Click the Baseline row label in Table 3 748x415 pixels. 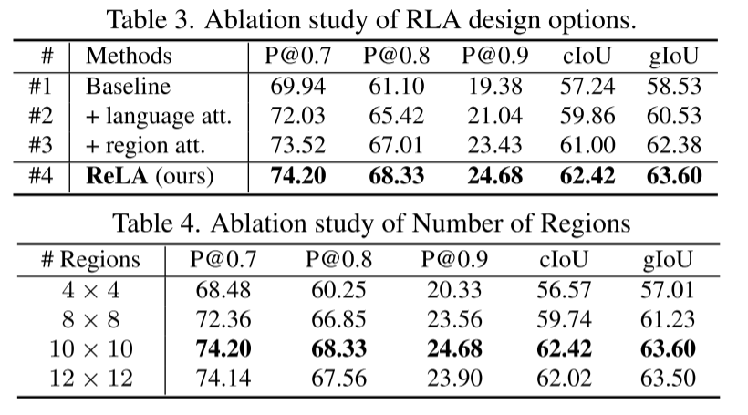coord(128,87)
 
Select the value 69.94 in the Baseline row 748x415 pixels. coord(298,87)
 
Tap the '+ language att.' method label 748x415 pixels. coord(159,116)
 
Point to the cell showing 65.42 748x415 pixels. coord(395,116)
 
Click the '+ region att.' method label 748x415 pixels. coord(144,145)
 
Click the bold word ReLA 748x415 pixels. coord(118,175)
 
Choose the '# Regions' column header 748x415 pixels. coord(91,260)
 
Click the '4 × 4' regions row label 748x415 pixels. coord(91,291)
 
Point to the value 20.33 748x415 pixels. coord(453,291)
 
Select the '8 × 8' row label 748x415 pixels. coord(91,320)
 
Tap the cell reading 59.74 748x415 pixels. coord(567,320)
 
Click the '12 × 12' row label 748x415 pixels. coord(91,379)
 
